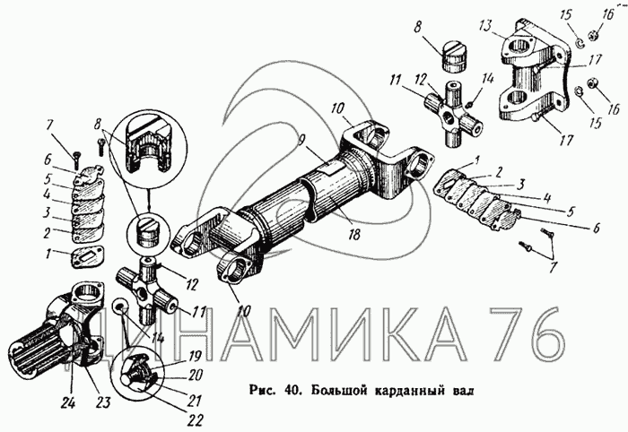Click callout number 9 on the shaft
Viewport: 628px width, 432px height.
302,141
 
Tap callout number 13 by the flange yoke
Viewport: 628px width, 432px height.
485,27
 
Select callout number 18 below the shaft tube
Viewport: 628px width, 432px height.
353,234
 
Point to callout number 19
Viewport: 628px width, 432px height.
195,356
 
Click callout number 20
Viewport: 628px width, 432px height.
195,376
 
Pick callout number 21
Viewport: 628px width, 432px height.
195,401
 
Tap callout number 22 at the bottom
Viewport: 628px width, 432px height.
195,420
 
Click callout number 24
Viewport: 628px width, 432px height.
68,403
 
